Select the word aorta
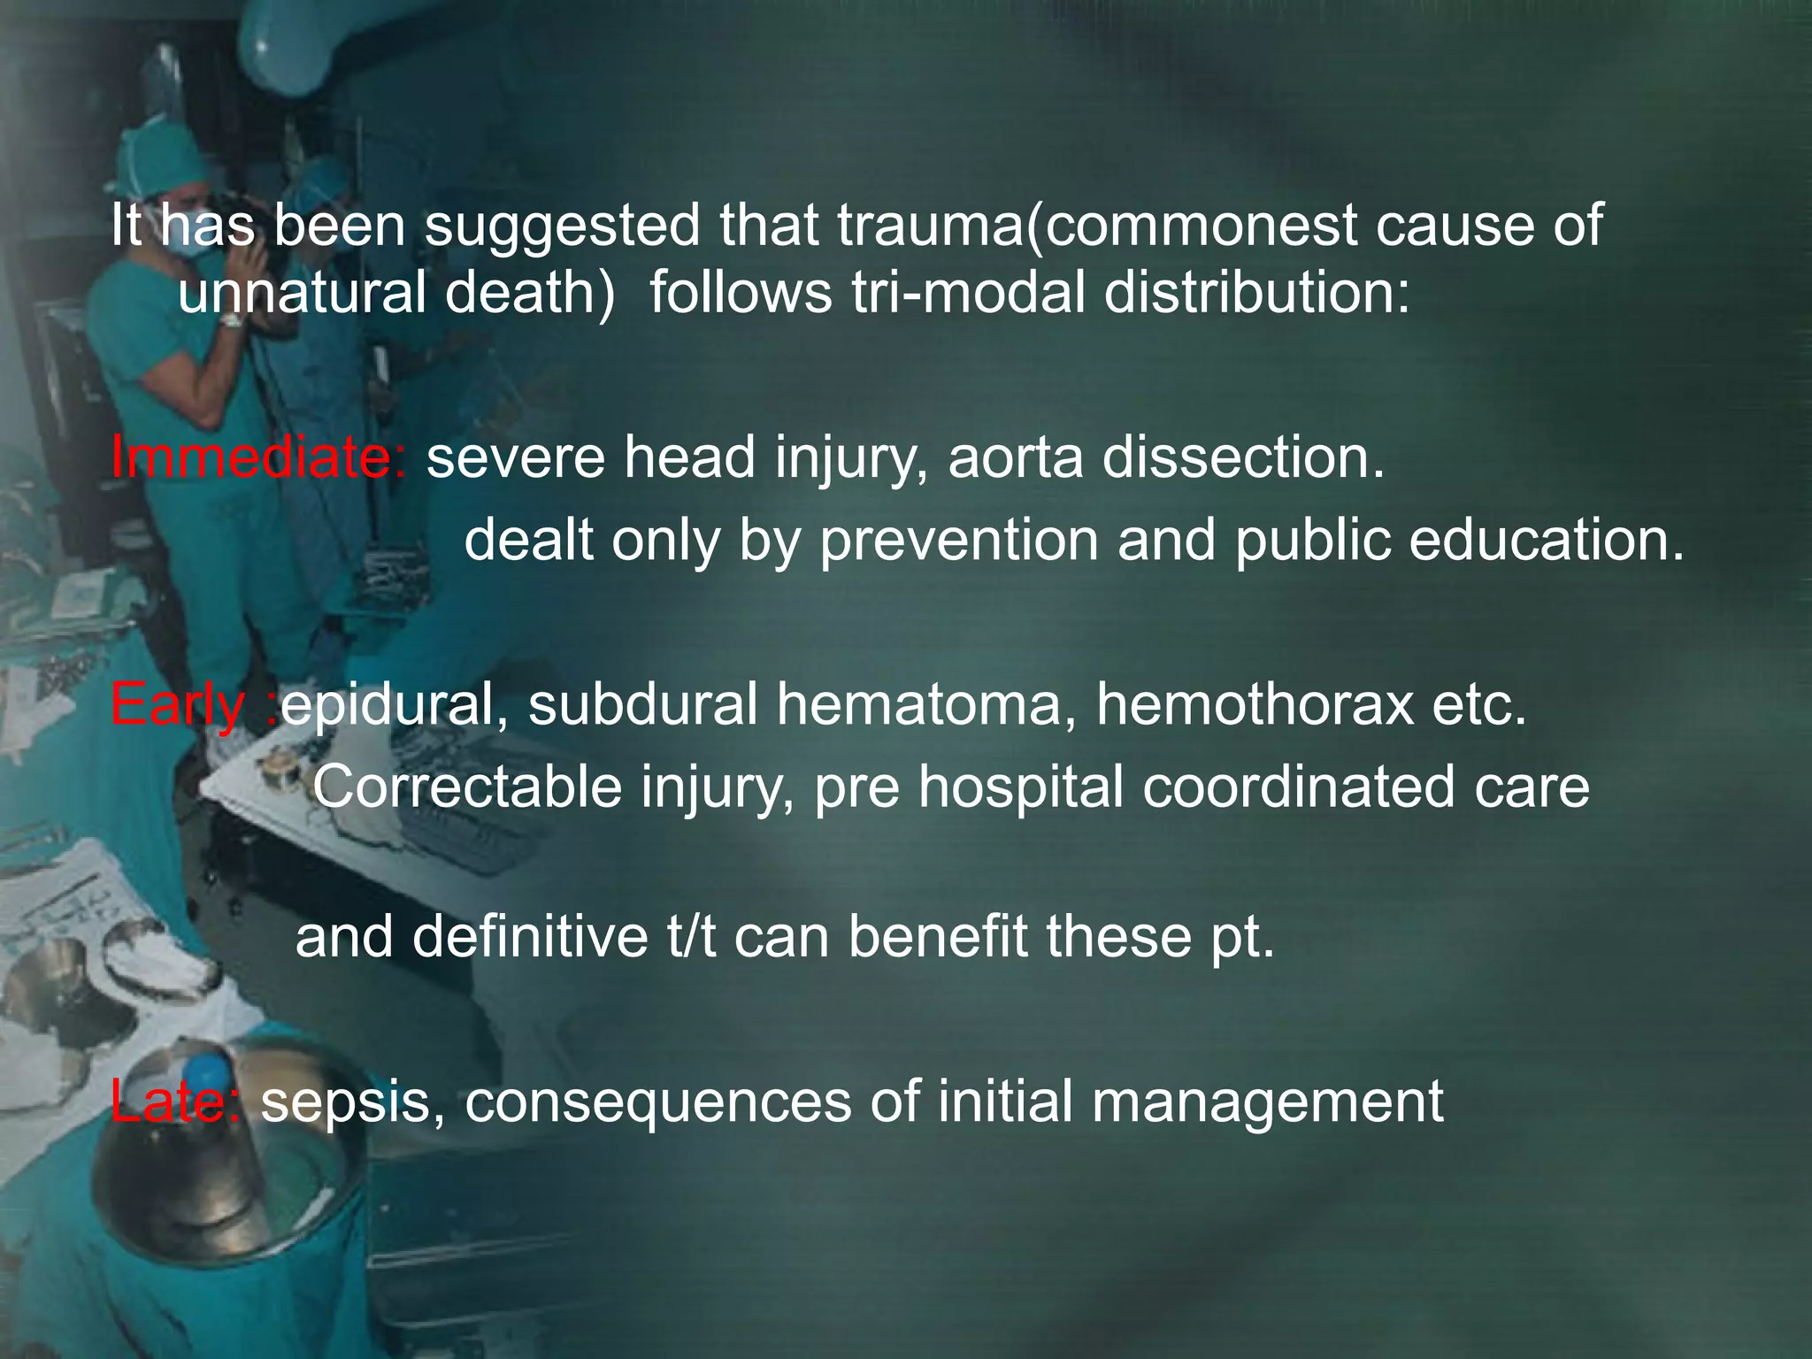[1015, 457]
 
